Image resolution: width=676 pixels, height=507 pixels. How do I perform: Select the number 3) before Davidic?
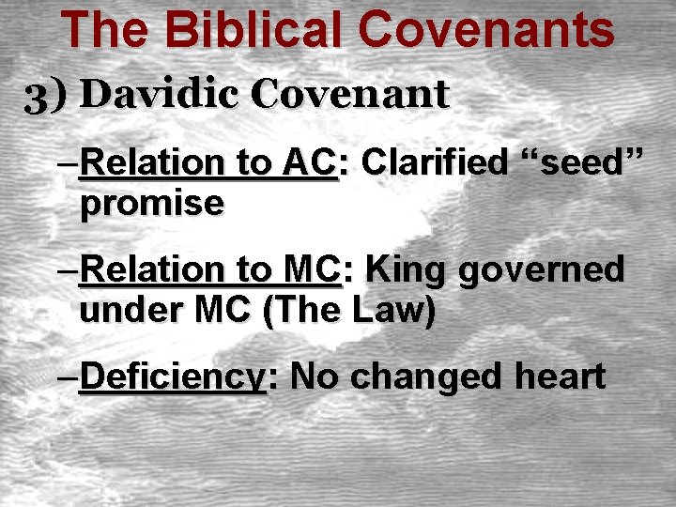point(47,96)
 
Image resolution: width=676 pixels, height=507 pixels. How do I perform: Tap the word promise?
point(152,203)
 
